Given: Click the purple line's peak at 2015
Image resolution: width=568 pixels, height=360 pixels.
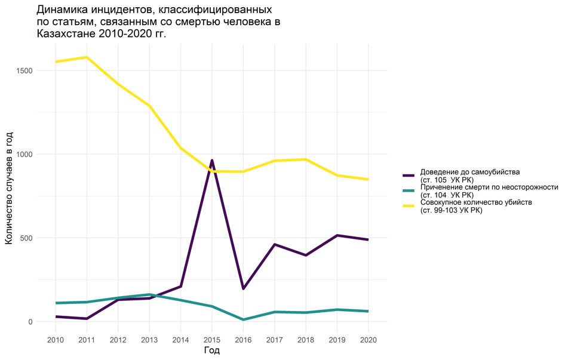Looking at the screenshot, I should (x=212, y=161).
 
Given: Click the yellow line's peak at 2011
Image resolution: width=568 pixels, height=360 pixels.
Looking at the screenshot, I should (x=87, y=57).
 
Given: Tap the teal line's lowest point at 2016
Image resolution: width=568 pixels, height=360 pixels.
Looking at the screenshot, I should (x=243, y=319).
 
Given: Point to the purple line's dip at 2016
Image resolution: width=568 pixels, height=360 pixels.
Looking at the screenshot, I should (x=243, y=288).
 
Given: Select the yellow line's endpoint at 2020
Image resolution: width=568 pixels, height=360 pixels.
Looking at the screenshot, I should (x=368, y=179).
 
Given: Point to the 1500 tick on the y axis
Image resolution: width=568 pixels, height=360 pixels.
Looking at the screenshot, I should (x=25, y=70).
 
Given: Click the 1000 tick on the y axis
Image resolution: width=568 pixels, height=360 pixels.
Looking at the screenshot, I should (x=25, y=154).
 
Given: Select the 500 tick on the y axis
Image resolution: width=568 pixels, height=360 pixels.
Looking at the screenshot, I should (x=27, y=238).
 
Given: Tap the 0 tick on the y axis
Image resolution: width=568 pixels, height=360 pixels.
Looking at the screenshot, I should (x=31, y=322).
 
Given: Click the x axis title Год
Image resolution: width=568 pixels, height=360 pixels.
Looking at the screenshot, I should (x=212, y=350).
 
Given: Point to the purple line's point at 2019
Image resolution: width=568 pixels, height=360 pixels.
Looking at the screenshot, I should (x=337, y=235).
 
